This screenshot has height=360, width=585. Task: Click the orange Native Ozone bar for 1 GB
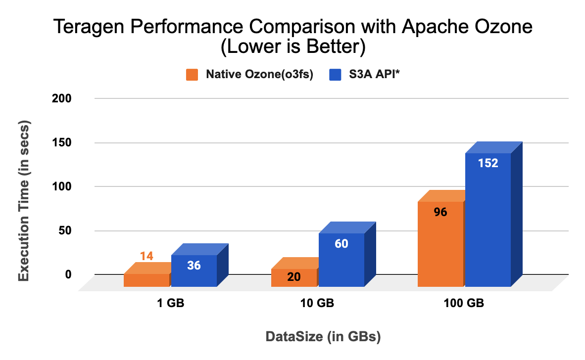[146, 280]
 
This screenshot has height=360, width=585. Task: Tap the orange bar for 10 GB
[294, 277]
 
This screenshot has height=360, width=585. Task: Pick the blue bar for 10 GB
[341, 260]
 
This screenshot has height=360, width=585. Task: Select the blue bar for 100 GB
[488, 220]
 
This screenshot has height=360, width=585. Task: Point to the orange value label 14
[146, 256]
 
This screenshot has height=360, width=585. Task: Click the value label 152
[488, 163]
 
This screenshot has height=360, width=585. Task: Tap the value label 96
[440, 212]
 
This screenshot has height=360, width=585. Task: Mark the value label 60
[341, 243]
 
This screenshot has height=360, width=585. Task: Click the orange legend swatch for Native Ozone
[192, 75]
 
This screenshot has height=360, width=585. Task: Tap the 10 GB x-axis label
[317, 304]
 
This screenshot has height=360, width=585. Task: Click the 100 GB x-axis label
[464, 304]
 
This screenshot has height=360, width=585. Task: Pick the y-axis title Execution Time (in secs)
[24, 201]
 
